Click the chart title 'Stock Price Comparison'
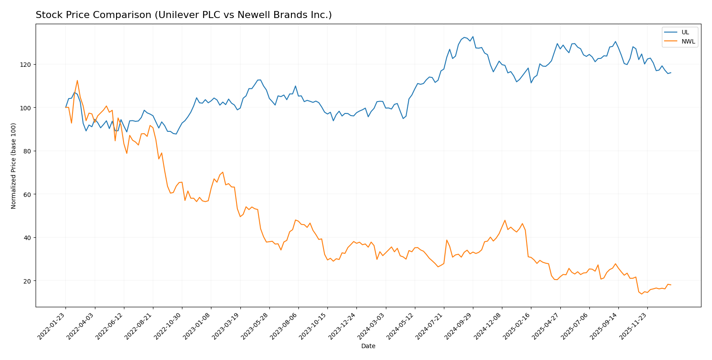click(x=183, y=15)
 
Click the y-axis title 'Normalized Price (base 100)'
click(x=14, y=166)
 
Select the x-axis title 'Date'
click(x=368, y=346)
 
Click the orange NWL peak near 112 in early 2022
click(x=77, y=80)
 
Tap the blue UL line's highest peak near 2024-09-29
click(x=472, y=36)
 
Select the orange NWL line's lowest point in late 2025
click(x=641, y=294)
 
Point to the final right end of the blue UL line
click(x=671, y=73)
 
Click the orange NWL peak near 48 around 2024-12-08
click(x=505, y=220)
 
